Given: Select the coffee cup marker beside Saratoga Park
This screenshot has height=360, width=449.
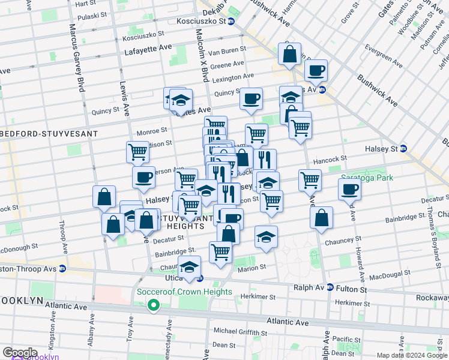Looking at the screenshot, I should click(350, 189).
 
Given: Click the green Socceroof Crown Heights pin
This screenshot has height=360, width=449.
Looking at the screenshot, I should click(154, 305).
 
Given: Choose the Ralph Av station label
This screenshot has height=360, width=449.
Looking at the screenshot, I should click(309, 287).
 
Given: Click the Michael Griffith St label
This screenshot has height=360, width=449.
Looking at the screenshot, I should click(244, 331).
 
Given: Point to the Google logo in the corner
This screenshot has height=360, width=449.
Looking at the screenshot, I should click(20, 353).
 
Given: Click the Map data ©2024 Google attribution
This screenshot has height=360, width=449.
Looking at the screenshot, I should click(411, 355).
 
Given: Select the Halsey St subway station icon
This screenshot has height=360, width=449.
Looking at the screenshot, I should click(403, 149).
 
